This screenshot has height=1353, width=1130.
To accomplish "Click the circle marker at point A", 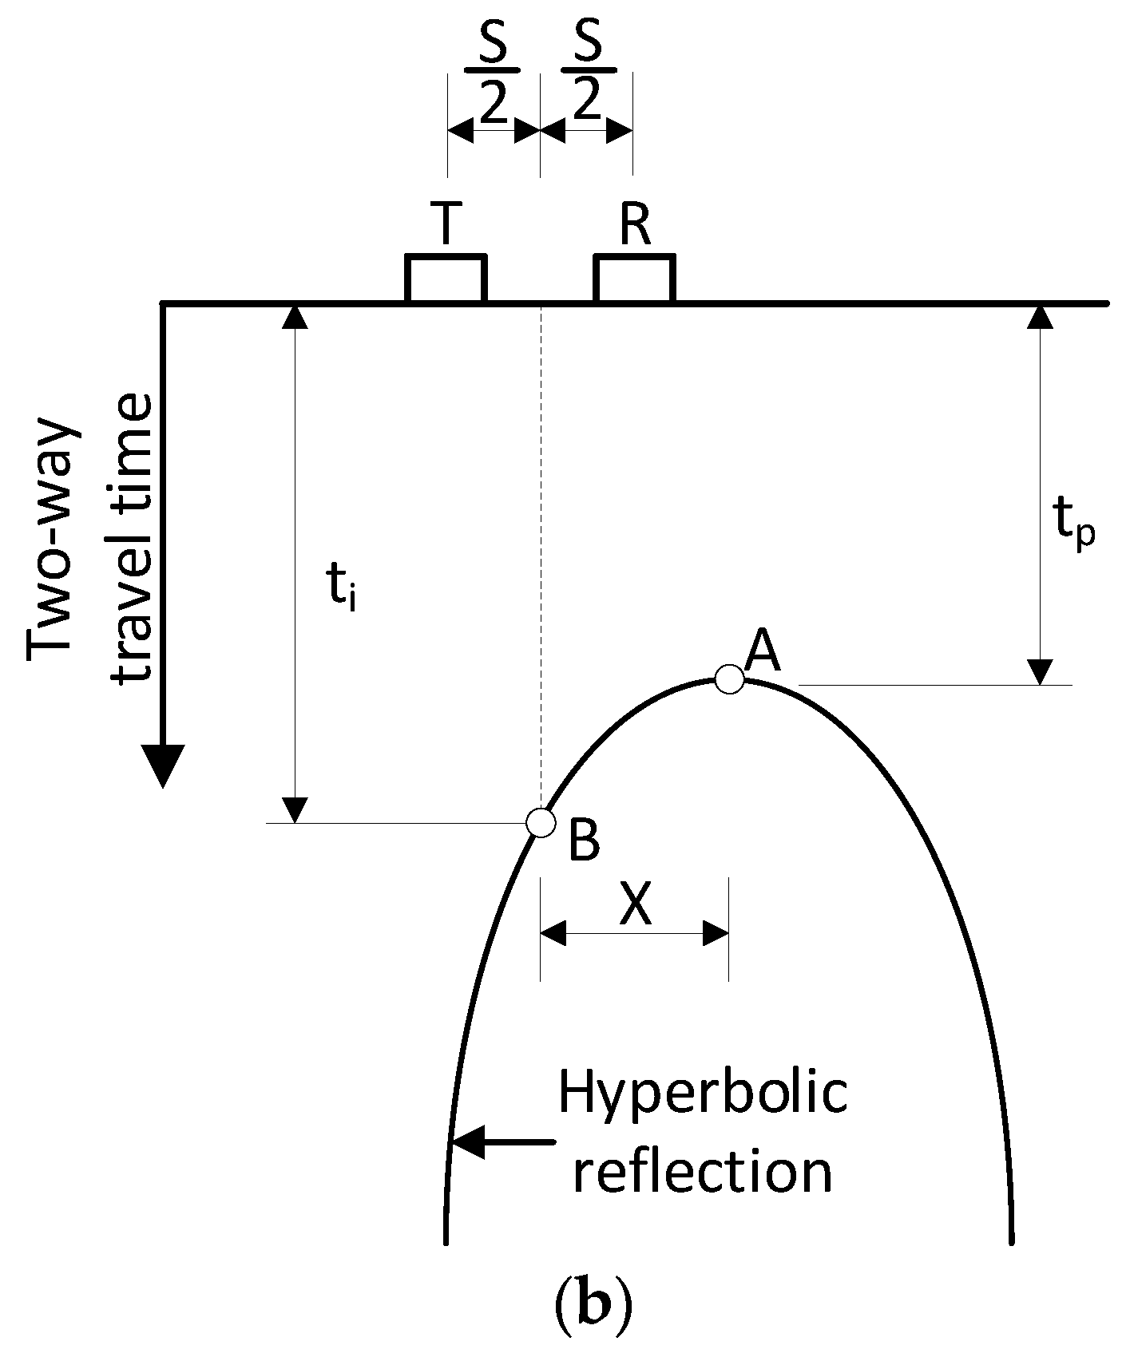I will pos(729,679).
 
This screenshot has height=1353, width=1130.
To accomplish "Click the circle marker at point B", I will pos(541,822).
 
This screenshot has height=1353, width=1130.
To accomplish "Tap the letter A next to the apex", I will pos(761,651).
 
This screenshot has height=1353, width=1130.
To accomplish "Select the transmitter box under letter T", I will pos(446,279).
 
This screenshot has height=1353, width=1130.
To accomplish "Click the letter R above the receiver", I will pos(636,225).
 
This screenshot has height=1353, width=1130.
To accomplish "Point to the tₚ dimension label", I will pos(1074,524).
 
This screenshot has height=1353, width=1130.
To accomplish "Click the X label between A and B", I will pos(636,905).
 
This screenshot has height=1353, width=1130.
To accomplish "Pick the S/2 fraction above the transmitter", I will pos(493,82).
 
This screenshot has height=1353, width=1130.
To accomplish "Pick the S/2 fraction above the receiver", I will pos(587,82).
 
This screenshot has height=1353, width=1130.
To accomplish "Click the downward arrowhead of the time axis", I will pos(163,764).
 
